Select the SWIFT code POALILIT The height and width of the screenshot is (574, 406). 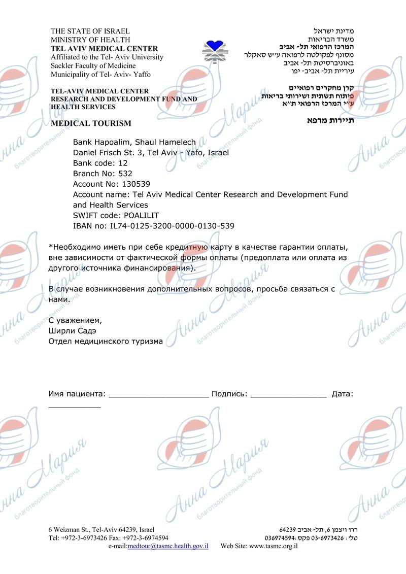tap(134, 216)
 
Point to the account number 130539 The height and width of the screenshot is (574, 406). tap(132, 184)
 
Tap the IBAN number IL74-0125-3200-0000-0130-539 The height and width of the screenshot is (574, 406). tap(172, 226)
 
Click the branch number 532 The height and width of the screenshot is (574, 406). tap(125, 174)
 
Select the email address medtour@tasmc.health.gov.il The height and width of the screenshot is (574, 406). tap(168, 546)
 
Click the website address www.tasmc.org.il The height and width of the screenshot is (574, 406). tap(273, 546)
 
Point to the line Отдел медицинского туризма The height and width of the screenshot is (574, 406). tap(106, 342)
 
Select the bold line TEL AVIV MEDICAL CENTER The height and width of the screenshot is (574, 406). tap(104, 49)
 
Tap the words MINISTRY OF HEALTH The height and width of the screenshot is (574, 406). tap(90, 40)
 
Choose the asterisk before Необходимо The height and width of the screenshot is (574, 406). tap(50, 247)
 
